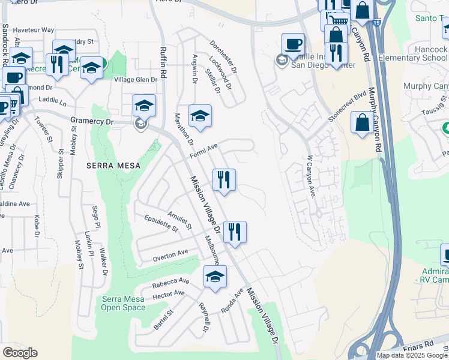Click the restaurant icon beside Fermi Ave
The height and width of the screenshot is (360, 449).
pyautogui.click(x=224, y=179)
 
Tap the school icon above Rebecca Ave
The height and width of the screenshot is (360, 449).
pyautogui.click(x=215, y=277)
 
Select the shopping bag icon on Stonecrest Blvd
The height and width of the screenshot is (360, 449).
pyautogui.click(x=363, y=123)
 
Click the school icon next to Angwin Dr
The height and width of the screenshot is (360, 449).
pyautogui.click(x=200, y=116)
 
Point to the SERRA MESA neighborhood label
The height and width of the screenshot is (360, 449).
pyautogui.click(x=113, y=166)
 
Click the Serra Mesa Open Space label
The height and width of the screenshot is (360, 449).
pyautogui.click(x=123, y=304)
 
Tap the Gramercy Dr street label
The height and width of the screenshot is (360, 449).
pyautogui.click(x=91, y=121)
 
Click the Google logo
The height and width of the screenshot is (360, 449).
pyautogui.click(x=20, y=353)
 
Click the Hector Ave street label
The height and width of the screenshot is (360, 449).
pyautogui.click(x=169, y=293)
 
